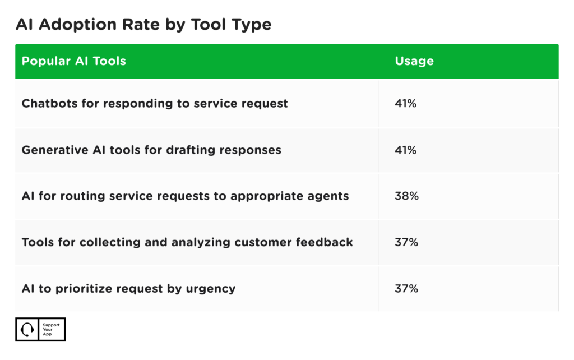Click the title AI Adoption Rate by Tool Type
tap(143, 25)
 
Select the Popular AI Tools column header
tap(73, 61)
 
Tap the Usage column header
tap(414, 61)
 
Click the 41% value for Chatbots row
tap(405, 103)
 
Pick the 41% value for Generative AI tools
tap(405, 150)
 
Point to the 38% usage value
tap(406, 196)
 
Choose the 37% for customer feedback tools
tap(406, 242)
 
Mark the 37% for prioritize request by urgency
tap(406, 289)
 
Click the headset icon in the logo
tap(27, 330)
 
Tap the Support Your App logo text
tap(51, 330)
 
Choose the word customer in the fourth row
tap(270, 242)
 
